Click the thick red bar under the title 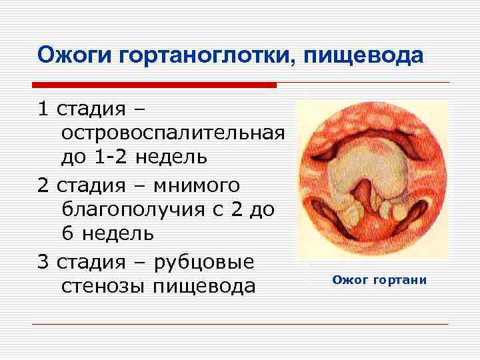pos(154,85)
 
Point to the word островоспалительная pos(173,132)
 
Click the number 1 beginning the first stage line pos(43,107)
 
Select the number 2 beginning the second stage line pos(43,183)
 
